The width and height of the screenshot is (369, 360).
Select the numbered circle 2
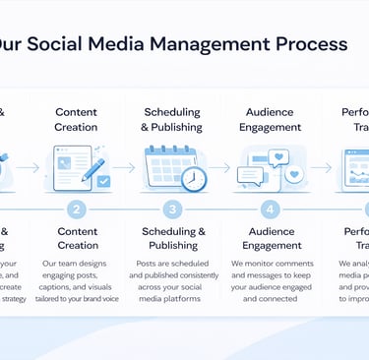[77, 209]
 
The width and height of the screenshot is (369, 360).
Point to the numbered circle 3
[173, 209]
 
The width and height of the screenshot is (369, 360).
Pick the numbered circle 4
[271, 209]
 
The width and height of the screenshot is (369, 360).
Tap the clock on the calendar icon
[194, 178]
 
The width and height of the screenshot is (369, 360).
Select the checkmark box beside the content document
[103, 181]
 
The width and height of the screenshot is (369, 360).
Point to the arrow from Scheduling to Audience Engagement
[222, 168]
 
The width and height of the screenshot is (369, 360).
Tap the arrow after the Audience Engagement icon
[320, 168]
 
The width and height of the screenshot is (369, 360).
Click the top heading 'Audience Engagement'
[271, 120]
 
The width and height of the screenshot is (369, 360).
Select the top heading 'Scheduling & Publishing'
[173, 120]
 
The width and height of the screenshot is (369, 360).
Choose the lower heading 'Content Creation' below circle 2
[77, 238]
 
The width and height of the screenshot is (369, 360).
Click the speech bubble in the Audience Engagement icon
[250, 175]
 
